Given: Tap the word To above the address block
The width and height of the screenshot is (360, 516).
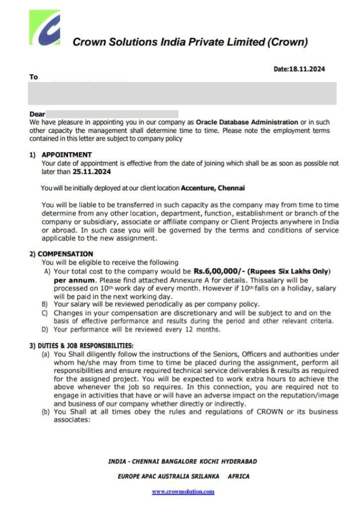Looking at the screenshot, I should point(33,77).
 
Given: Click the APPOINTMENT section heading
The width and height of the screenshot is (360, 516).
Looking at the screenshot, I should point(66,155).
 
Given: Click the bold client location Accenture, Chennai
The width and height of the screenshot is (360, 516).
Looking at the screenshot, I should point(213,187).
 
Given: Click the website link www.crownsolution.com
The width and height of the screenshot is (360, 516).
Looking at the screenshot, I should point(183,492).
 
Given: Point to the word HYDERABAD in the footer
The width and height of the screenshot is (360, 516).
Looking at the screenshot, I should point(239,462).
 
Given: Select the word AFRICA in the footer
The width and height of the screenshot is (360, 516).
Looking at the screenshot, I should point(239,477).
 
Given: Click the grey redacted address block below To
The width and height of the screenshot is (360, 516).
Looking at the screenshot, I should point(182,93).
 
